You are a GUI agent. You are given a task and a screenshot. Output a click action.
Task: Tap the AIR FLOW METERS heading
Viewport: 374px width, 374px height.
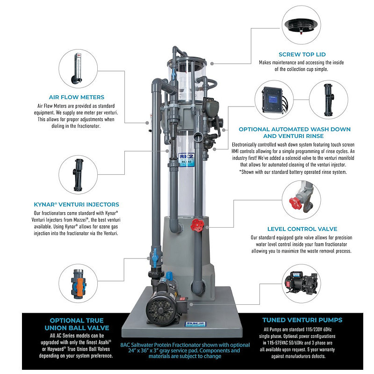pos(73,97)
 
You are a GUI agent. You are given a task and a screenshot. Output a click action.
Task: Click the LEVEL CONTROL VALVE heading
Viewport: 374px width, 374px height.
pos(302,229)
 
